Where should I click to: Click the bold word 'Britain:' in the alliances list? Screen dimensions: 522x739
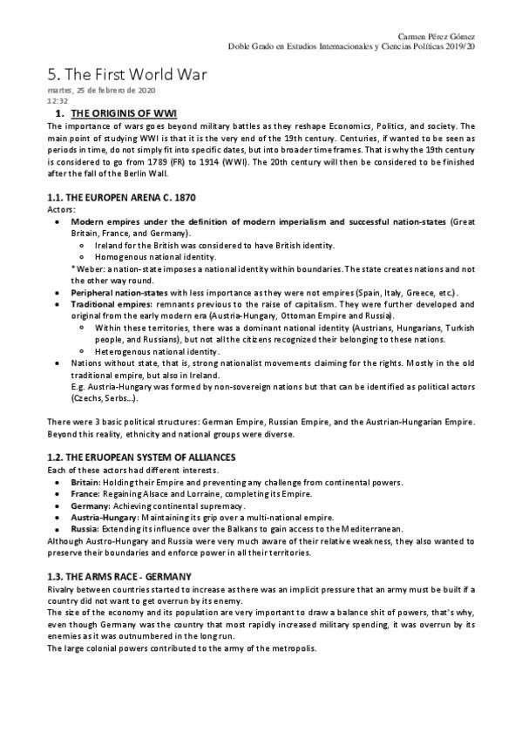[x=85, y=482]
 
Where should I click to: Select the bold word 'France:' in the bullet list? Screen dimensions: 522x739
[x=85, y=493]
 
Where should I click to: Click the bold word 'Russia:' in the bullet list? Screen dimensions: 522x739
[x=85, y=528]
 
